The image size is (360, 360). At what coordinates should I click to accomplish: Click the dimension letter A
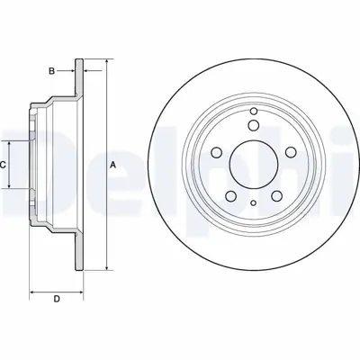(113, 165)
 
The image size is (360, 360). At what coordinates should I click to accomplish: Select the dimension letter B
(52, 70)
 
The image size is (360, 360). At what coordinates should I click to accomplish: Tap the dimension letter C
(4, 165)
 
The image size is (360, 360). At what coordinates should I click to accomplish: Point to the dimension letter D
(57, 299)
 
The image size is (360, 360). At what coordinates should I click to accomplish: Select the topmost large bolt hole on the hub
(253, 125)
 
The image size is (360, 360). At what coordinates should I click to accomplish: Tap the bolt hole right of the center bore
(290, 152)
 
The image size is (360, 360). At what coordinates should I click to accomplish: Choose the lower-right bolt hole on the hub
(275, 196)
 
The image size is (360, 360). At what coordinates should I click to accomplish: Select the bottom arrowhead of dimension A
(107, 267)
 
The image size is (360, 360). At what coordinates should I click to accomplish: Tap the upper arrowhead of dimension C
(11, 144)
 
